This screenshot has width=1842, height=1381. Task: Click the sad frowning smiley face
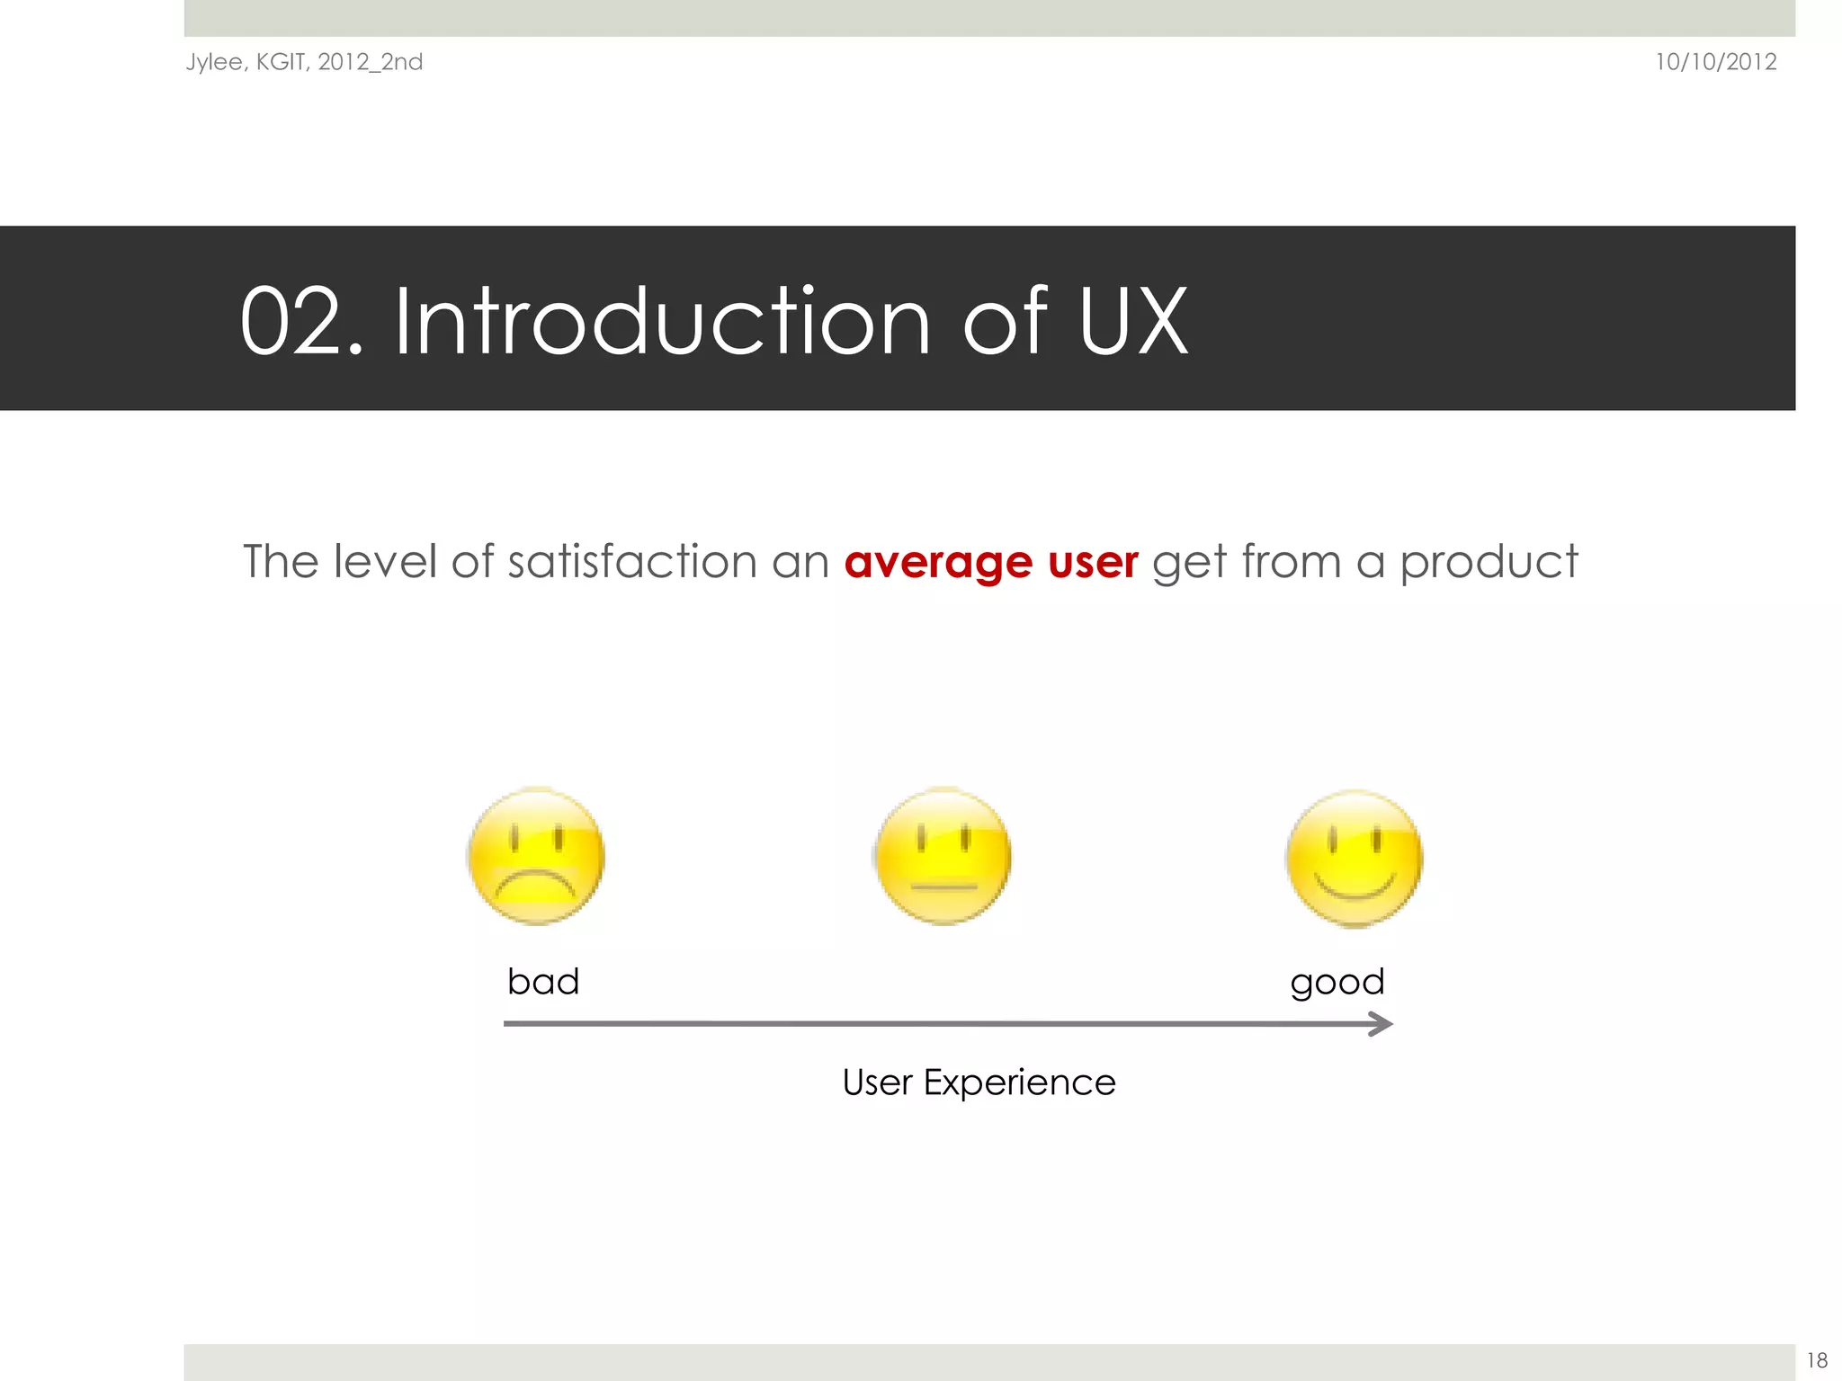pos(536,856)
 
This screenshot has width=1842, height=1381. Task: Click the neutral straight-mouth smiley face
pos(943,856)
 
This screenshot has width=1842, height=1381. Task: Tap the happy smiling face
pos(1354,859)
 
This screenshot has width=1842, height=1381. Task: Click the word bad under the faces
pos(543,981)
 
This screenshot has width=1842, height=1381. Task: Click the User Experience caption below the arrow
pos(979,1082)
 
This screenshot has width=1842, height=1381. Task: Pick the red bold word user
pos(1093,563)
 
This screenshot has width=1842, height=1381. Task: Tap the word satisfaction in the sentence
pos(632,561)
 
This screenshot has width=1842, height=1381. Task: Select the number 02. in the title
pos(300,322)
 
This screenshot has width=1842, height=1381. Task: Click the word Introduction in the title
pos(662,322)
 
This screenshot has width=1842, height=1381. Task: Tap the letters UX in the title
pos(1133,322)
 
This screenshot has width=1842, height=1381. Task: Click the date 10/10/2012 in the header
pos(1715,62)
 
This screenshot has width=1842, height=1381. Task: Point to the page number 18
pos(1816,1360)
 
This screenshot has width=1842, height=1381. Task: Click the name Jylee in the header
pos(214,62)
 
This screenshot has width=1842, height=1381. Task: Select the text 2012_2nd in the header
pos(370,62)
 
